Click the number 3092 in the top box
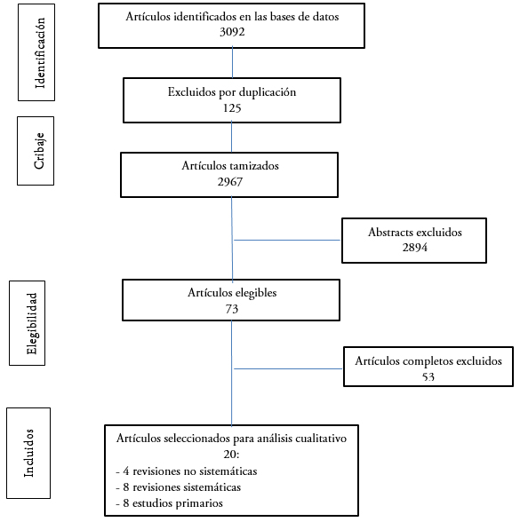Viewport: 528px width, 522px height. (232, 32)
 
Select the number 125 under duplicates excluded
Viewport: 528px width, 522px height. (232, 108)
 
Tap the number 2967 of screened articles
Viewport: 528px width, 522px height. (230, 182)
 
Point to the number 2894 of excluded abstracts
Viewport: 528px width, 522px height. (415, 248)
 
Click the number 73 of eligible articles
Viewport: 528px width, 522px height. (232, 309)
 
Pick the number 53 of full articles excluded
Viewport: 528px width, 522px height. (428, 376)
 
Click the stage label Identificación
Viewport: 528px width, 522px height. (40, 52)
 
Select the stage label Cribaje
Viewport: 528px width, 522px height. (39, 151)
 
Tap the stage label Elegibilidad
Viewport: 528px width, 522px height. (31, 323)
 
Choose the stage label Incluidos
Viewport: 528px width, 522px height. (28, 453)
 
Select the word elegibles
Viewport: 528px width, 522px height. (256, 293)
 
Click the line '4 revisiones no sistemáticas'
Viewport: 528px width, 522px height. (187, 471)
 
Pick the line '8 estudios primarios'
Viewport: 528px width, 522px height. (170, 503)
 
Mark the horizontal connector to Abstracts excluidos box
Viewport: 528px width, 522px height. (287, 241)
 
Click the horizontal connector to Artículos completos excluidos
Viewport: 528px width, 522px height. (288, 369)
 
